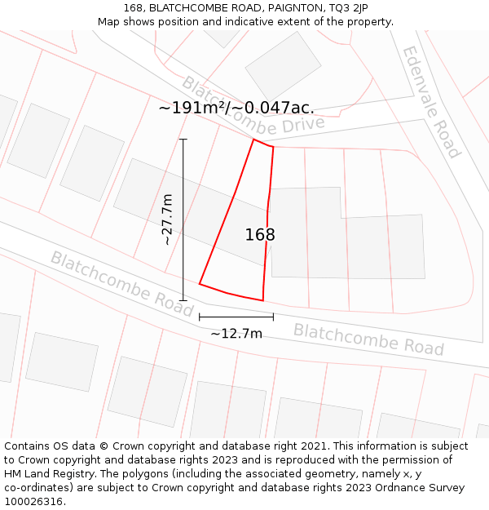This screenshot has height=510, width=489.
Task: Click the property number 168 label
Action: [260, 235]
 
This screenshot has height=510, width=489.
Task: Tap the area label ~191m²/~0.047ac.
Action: [236, 108]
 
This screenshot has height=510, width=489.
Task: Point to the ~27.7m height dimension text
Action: [167, 220]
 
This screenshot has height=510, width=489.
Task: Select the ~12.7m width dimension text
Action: [236, 333]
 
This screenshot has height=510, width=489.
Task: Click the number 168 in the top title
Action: [134, 7]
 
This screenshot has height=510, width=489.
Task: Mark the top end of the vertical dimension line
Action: [183, 140]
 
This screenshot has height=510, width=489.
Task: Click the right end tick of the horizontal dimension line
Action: [273, 317]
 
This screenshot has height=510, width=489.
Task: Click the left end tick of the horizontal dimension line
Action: [200, 317]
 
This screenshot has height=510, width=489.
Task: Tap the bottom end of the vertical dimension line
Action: [183, 300]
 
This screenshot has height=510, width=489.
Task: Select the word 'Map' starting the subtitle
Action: [110, 21]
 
